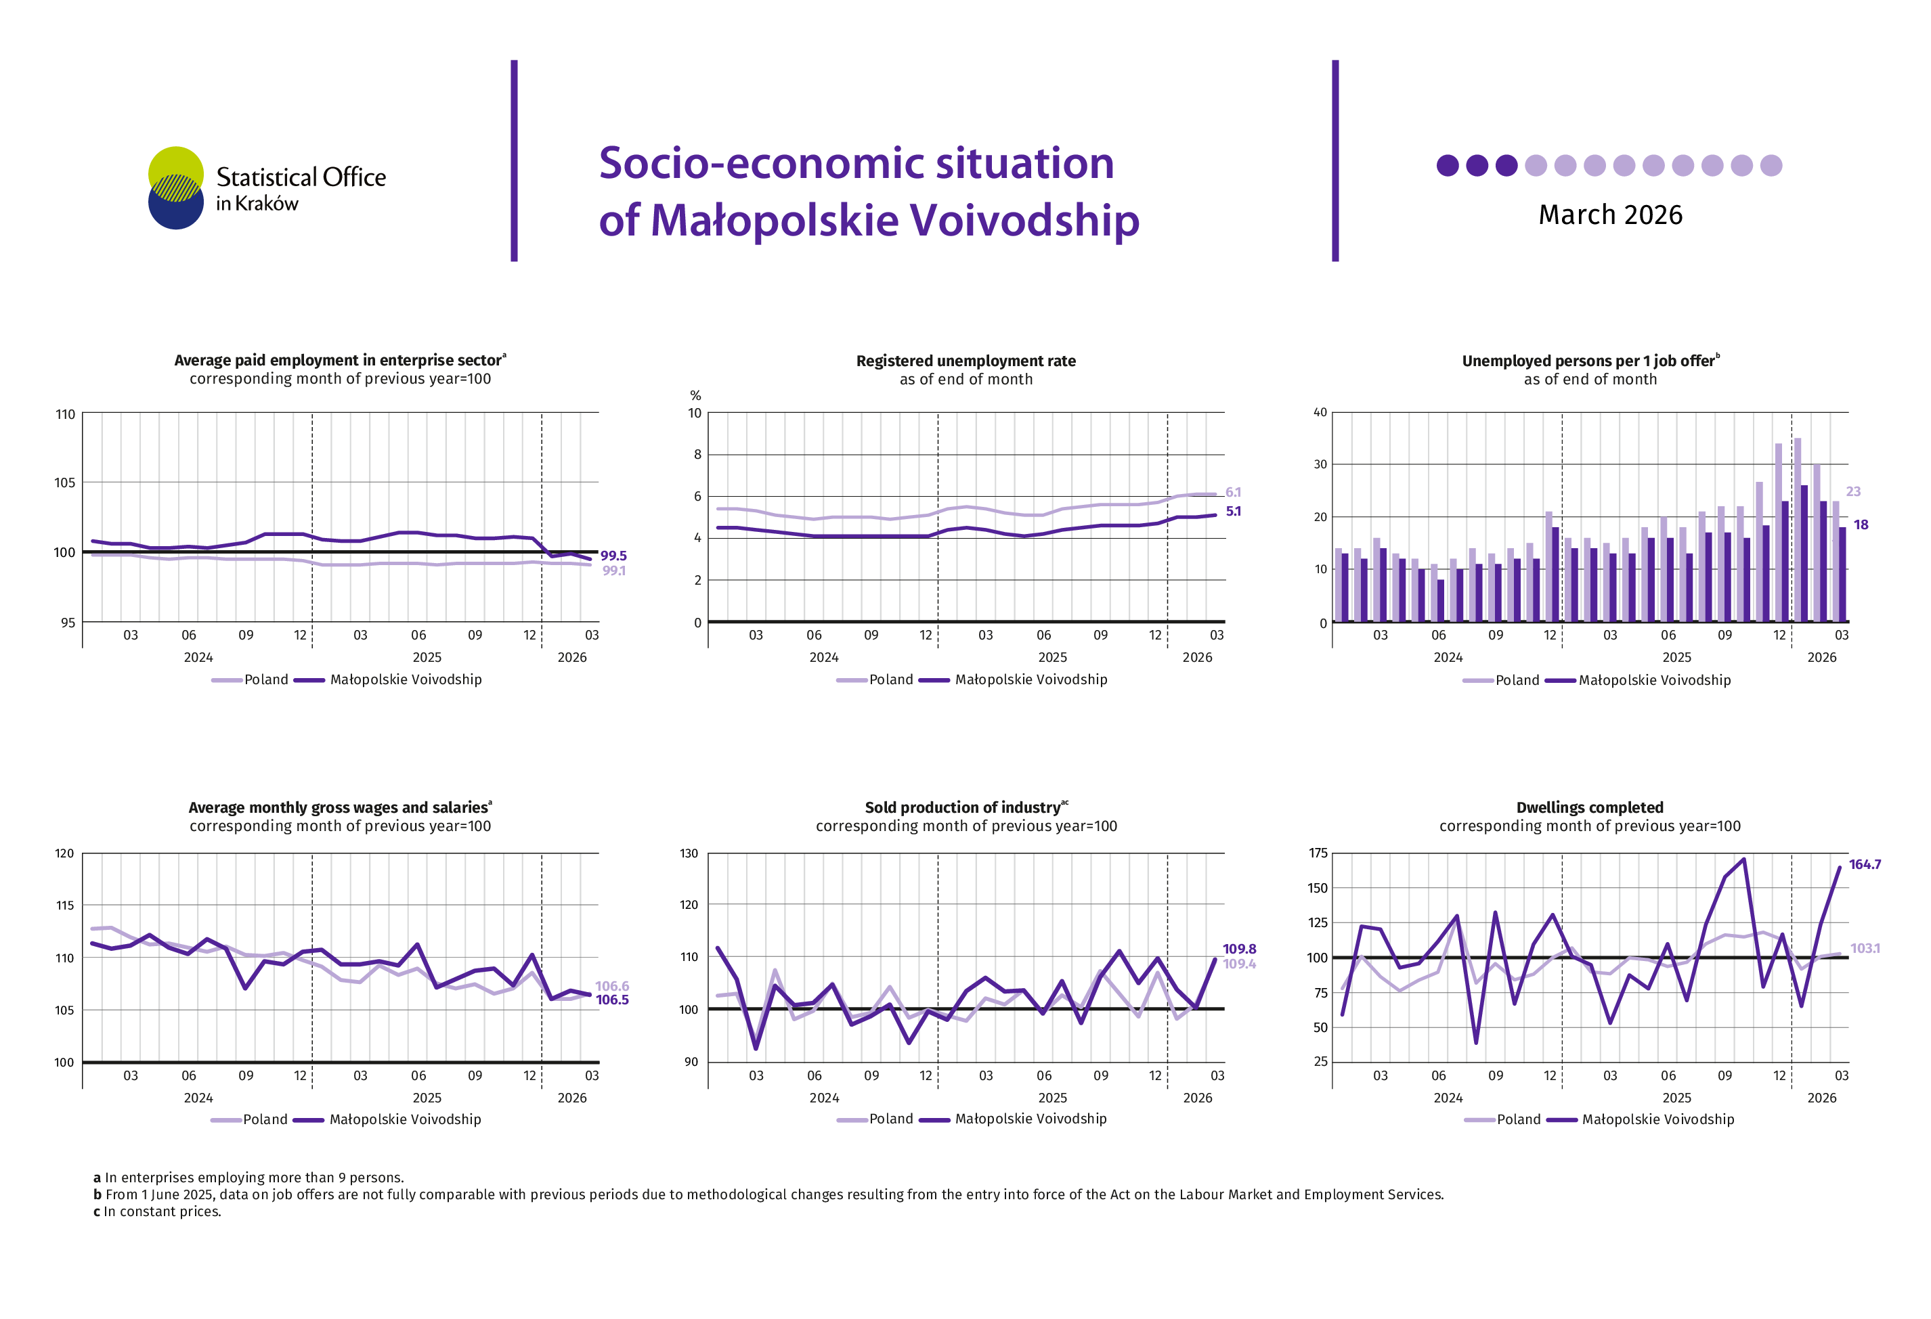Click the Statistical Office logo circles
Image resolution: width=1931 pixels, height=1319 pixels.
click(x=175, y=187)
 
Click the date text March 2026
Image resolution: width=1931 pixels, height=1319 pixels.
click(x=1609, y=215)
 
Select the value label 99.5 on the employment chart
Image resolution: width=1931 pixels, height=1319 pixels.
click(x=613, y=556)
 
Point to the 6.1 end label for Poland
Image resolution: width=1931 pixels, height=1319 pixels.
click(x=1233, y=493)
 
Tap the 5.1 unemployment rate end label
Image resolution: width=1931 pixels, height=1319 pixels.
click(x=1233, y=512)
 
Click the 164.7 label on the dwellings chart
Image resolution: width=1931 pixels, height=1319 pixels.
click(x=1865, y=865)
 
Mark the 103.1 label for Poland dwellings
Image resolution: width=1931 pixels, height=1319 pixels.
click(x=1865, y=949)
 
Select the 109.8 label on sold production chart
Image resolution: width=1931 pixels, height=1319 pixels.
click(x=1239, y=949)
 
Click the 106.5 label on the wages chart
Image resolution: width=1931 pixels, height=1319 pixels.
click(x=612, y=1000)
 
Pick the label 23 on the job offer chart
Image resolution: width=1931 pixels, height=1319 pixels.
click(x=1853, y=492)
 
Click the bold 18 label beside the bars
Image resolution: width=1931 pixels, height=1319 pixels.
click(x=1861, y=525)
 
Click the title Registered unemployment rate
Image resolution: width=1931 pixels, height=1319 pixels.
click(x=965, y=361)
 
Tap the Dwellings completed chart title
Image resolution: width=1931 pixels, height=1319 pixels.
click(x=1590, y=807)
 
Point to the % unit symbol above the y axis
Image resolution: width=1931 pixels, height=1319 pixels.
click(x=695, y=395)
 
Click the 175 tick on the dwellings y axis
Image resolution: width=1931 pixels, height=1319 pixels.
click(x=1318, y=853)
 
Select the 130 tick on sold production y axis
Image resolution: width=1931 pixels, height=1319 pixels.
click(x=689, y=853)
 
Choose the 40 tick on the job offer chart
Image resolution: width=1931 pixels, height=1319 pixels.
click(x=1320, y=413)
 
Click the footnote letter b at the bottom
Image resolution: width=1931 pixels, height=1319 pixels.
click(x=97, y=1194)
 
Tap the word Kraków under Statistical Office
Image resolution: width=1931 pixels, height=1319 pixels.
click(x=267, y=204)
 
